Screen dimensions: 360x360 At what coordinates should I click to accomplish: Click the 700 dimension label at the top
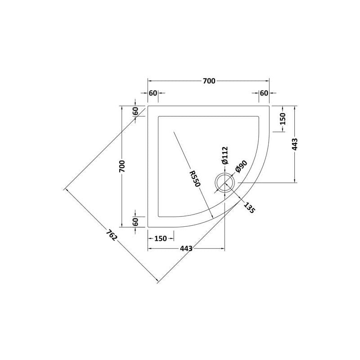click(x=209, y=81)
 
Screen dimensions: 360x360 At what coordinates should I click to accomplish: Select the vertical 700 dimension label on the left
click(x=122, y=166)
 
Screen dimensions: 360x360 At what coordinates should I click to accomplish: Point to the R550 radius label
click(x=195, y=178)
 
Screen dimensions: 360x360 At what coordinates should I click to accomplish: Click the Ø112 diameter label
click(x=225, y=155)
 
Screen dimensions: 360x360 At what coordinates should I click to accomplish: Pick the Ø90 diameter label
click(x=241, y=166)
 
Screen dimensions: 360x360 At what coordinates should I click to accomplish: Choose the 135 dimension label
click(x=249, y=207)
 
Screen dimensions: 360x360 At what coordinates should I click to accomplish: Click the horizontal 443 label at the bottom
click(x=186, y=248)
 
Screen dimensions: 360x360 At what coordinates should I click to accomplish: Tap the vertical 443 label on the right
click(x=295, y=144)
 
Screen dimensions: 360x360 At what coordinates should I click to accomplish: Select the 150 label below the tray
click(x=161, y=238)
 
